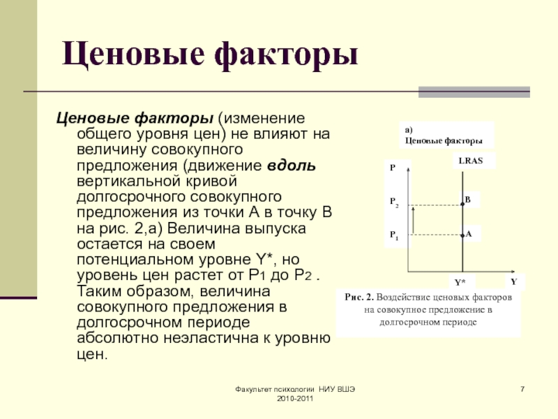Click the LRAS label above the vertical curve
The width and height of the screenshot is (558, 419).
point(471,161)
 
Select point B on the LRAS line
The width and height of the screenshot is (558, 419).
point(462,204)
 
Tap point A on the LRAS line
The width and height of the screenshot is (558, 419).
point(462,235)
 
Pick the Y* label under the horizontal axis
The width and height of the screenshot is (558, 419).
point(460,283)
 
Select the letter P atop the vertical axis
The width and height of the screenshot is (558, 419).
point(393,168)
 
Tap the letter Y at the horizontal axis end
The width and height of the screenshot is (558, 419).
point(513,281)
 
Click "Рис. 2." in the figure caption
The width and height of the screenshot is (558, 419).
point(357,297)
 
